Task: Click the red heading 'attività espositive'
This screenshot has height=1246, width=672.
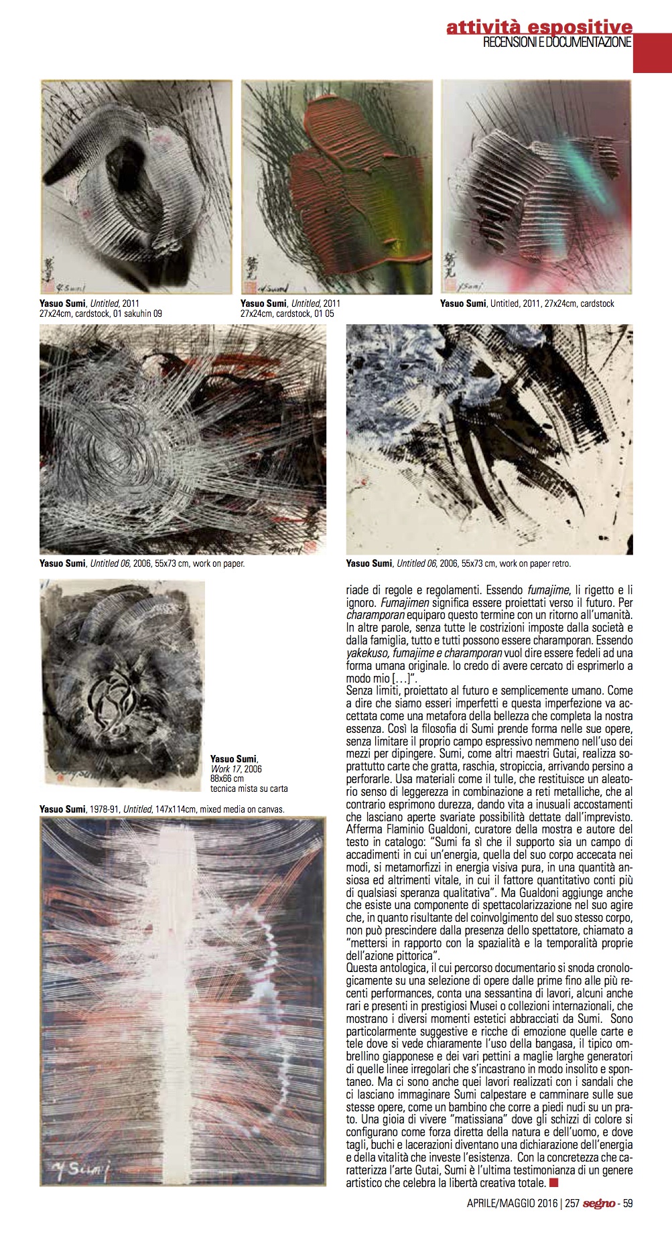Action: [x=539, y=27]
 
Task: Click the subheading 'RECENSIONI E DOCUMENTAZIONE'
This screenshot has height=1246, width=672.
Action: [x=557, y=43]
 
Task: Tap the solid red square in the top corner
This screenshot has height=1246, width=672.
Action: [x=652, y=53]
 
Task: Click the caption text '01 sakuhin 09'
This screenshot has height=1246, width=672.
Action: [x=139, y=314]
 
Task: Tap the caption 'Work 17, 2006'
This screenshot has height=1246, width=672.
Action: [x=236, y=769]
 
